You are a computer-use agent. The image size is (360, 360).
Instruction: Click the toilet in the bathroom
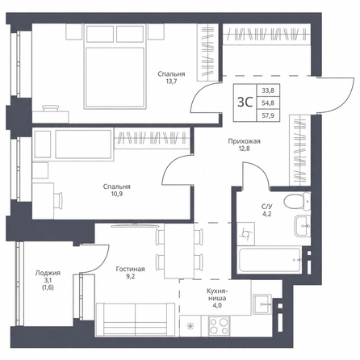pyautogui.click(x=297, y=201)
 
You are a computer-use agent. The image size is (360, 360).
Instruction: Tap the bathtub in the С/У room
pyautogui.click(x=270, y=260)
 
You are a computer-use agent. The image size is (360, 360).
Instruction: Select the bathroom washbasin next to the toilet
pyautogui.click(x=303, y=225)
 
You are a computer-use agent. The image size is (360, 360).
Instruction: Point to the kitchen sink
pyautogui.click(x=262, y=304)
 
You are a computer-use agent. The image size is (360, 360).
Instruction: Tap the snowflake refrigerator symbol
pyautogui.click(x=190, y=326)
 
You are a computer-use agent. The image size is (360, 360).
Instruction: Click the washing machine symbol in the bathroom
pyautogui.click(x=246, y=233)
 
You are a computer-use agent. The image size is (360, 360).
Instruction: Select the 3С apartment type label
pyautogui.click(x=245, y=103)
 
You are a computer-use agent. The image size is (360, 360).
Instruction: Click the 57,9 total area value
pyautogui.click(x=268, y=115)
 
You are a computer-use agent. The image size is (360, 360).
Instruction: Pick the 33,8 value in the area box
pyautogui.click(x=268, y=90)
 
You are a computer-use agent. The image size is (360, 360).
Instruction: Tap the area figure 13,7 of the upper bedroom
pyautogui.click(x=171, y=81)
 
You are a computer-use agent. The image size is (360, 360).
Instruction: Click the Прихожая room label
pyautogui.click(x=245, y=141)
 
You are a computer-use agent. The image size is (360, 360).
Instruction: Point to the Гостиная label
pyautogui.click(x=131, y=269)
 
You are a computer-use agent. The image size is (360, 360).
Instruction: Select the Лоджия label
pyautogui.click(x=48, y=274)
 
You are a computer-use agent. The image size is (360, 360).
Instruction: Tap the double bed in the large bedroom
pyautogui.click(x=115, y=67)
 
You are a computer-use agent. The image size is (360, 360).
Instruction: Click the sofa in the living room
pyautogui.click(x=135, y=319)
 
